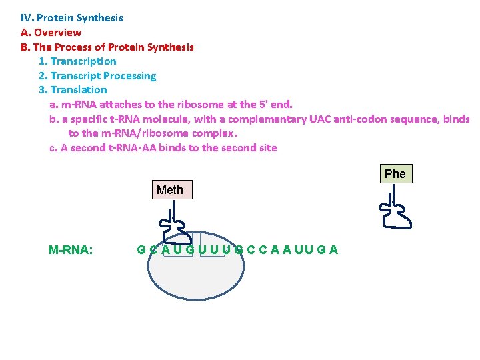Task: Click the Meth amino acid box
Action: click(170, 190)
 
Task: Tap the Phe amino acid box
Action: click(395, 174)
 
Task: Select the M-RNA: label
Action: click(71, 250)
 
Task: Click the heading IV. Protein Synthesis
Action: click(72, 18)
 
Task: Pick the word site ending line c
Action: click(267, 148)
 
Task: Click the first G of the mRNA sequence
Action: click(141, 250)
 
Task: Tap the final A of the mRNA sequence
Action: click(333, 250)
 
